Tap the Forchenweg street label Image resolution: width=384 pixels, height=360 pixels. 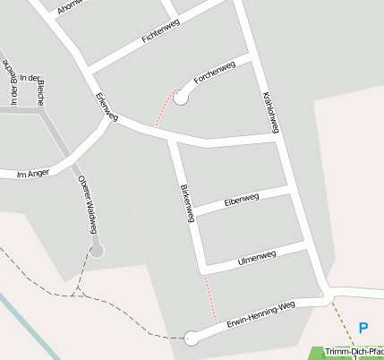[x=214, y=73]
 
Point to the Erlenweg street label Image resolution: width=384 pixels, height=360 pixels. [x=107, y=107]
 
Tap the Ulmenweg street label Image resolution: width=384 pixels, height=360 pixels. [x=257, y=258]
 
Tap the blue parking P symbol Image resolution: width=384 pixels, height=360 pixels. [x=363, y=329]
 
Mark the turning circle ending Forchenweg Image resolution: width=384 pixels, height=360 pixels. [x=182, y=98]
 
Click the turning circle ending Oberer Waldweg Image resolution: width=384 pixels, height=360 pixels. [x=97, y=252]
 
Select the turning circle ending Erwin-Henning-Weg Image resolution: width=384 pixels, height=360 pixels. [x=191, y=339]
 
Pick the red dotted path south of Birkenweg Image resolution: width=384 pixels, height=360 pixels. [x=212, y=300]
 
